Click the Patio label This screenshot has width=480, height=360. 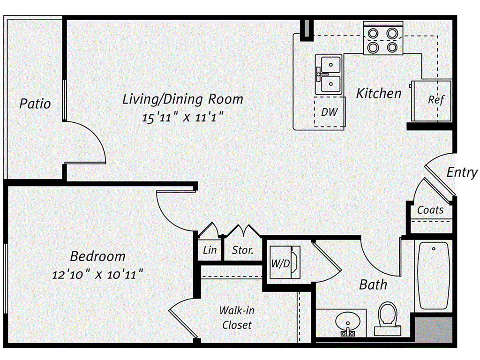(x=35, y=103)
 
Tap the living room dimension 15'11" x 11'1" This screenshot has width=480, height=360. (x=182, y=118)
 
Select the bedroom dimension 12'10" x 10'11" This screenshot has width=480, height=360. (x=97, y=274)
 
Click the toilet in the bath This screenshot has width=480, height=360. (x=388, y=316)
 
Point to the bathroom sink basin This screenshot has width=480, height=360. (x=347, y=322)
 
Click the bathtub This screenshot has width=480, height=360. (x=434, y=275)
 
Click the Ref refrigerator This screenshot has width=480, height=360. (x=435, y=100)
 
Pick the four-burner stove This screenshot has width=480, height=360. (x=383, y=40)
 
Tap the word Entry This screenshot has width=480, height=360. (x=462, y=172)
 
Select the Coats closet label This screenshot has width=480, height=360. (x=430, y=210)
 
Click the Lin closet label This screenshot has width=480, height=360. (x=210, y=250)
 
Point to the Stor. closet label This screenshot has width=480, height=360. (x=242, y=250)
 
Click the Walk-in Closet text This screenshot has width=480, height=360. (x=237, y=317)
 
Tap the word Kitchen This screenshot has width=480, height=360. (x=378, y=93)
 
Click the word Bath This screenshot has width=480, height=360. (x=373, y=285)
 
